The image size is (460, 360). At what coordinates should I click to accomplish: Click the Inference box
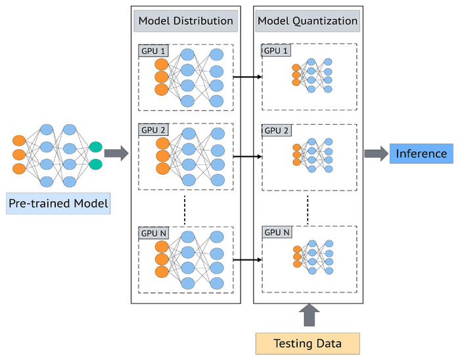421,154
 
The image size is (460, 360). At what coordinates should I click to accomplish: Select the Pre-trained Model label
58,204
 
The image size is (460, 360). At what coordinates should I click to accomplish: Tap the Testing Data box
308,344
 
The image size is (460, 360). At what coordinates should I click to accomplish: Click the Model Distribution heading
185,21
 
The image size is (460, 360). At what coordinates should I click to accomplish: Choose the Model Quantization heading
307,21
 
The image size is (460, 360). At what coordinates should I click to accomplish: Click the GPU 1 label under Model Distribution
153,51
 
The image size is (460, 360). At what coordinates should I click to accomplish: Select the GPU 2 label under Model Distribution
153,129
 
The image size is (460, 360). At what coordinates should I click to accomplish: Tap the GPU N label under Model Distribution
153,233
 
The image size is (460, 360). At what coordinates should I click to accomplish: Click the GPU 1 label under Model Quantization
276,50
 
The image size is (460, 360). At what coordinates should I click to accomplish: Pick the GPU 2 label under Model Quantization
276,130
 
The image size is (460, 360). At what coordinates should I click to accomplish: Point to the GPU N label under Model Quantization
277,233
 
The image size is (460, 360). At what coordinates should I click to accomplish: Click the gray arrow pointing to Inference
376,154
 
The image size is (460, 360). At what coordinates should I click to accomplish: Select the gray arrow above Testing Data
308,316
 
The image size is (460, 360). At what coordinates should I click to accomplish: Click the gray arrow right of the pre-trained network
116,154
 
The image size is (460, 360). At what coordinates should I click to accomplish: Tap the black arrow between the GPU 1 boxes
247,77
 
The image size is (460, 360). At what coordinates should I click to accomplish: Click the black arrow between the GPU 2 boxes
247,156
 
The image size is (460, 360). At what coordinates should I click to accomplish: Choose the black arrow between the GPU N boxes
247,260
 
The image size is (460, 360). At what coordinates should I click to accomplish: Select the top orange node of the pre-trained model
19,141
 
